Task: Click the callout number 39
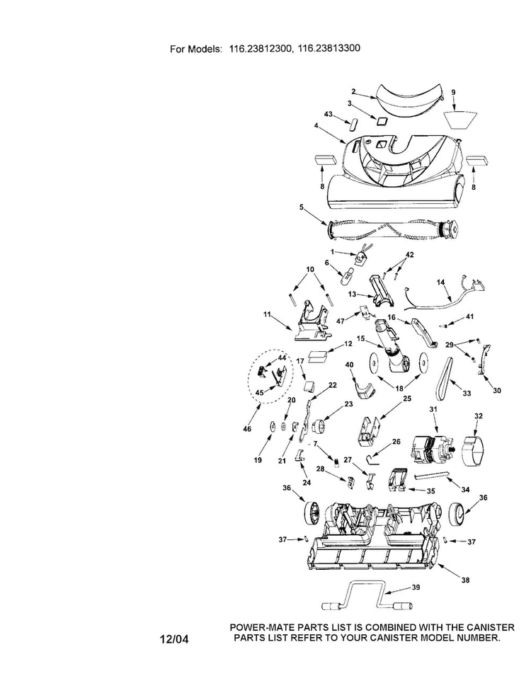[415, 587]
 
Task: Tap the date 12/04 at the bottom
[174, 639]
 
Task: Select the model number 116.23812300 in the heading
[261, 48]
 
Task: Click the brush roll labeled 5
[392, 229]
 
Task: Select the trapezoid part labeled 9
[459, 120]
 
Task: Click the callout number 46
[247, 429]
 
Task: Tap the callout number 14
[440, 282]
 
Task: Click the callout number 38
[466, 580]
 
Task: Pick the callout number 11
[267, 314]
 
